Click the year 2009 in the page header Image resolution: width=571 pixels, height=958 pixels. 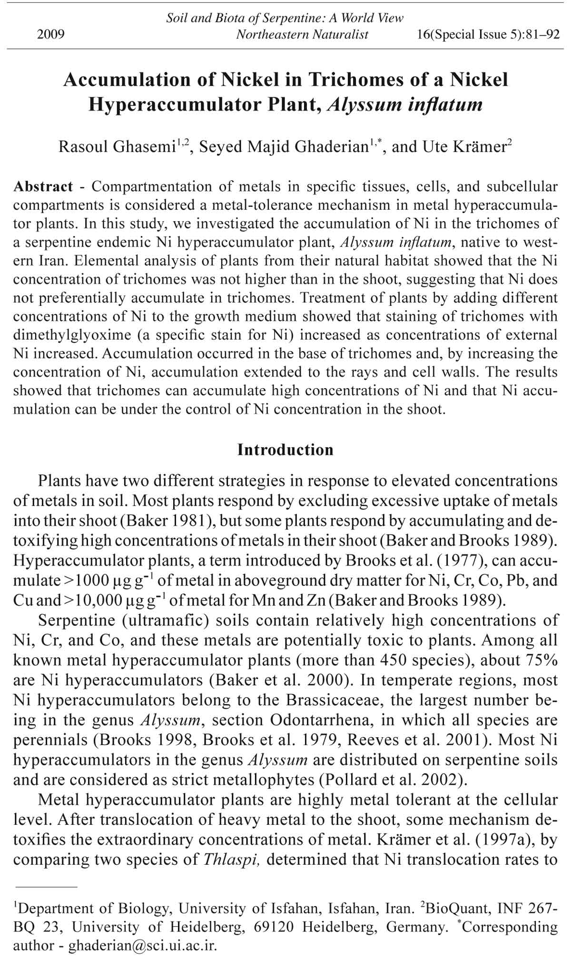50,34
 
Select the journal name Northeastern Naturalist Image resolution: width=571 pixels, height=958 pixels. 302,34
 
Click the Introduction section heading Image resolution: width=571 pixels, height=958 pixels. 285,450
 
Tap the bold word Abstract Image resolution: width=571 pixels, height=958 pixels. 43,186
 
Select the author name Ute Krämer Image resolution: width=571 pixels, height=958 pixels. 464,147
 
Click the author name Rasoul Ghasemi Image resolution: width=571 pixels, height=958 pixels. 117,147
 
